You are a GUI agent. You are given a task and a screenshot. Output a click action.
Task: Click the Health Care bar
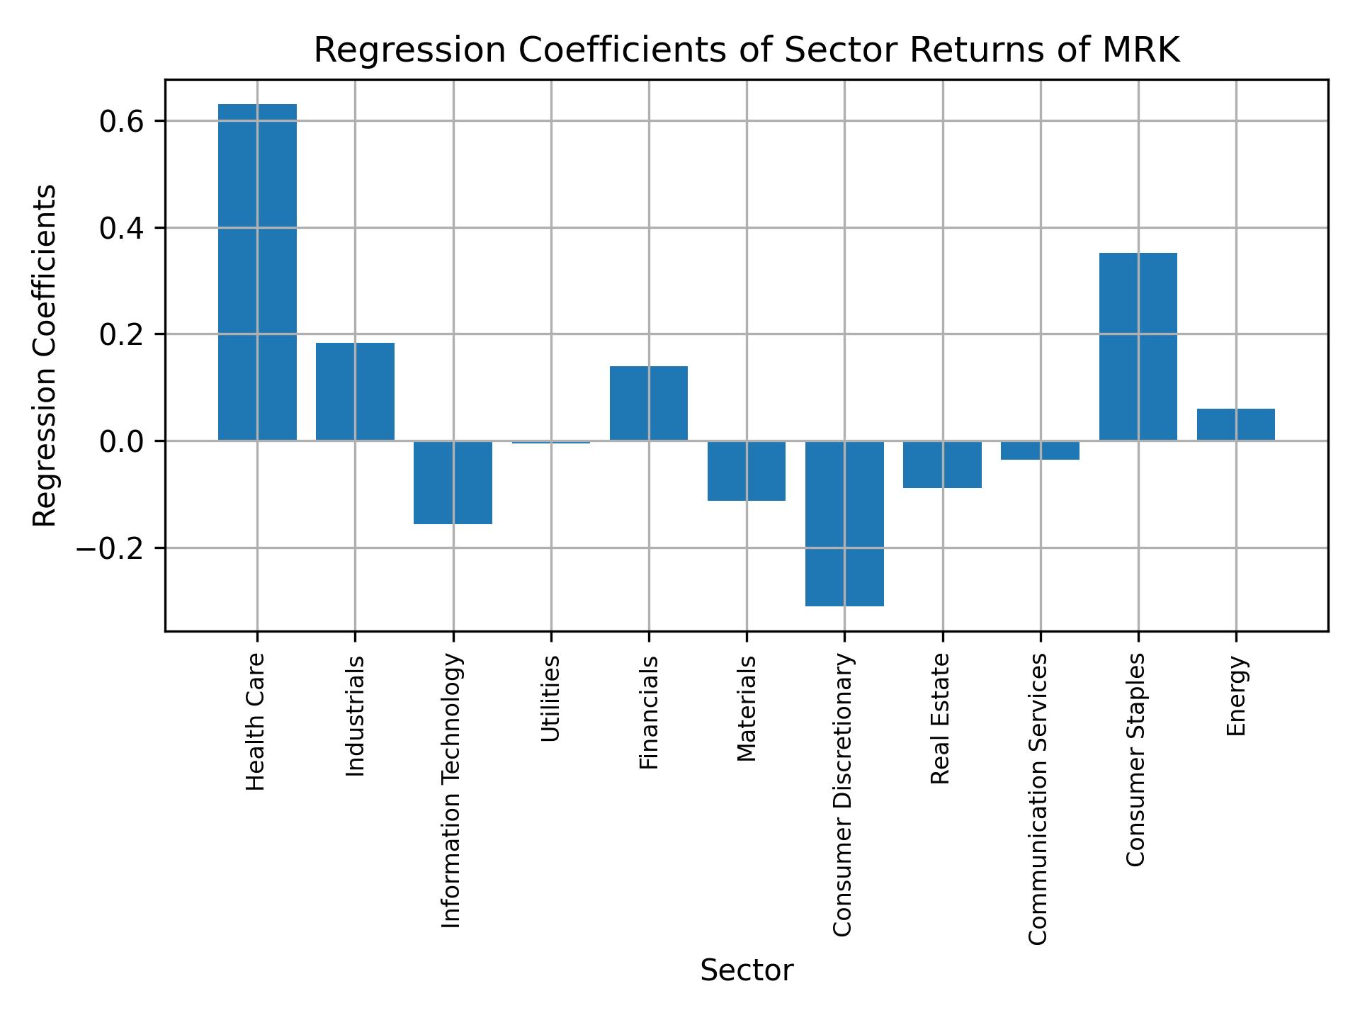(257, 273)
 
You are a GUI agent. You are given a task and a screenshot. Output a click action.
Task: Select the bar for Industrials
(355, 392)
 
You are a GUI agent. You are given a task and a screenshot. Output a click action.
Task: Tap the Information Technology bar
(453, 482)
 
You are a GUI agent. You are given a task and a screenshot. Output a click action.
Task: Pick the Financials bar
(649, 404)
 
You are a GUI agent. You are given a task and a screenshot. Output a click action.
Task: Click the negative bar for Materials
(747, 470)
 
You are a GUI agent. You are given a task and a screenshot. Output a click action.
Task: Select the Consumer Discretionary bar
(844, 523)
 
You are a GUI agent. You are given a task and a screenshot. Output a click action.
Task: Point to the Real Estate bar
(942, 464)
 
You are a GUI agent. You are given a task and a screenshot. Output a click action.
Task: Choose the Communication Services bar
(1040, 450)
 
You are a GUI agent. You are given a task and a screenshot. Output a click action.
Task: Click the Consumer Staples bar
(1138, 347)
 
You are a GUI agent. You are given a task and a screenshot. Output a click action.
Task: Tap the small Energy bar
(1235, 425)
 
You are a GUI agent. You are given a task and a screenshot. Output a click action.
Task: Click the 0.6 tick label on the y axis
(122, 122)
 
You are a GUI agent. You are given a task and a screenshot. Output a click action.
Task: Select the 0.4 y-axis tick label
(122, 229)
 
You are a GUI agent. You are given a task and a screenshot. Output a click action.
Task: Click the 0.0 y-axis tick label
(122, 442)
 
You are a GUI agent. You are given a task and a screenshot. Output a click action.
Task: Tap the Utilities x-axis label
(550, 698)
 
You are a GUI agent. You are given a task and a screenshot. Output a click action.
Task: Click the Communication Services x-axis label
(1038, 798)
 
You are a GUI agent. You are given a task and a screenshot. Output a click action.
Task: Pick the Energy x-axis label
(1236, 696)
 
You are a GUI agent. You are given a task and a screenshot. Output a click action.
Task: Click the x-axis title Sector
(747, 971)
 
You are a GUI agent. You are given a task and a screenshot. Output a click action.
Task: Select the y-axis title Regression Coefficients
(45, 356)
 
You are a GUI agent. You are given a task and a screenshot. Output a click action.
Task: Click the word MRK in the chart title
(1140, 51)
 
